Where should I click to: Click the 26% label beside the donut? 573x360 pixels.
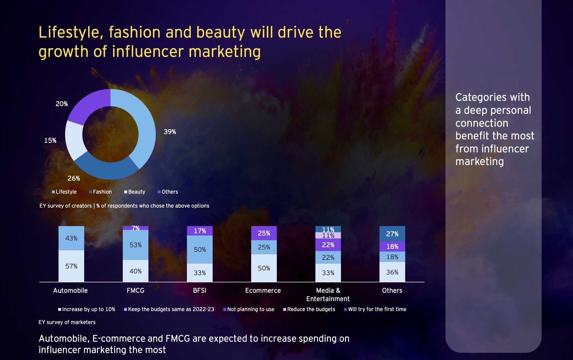click(x=74, y=178)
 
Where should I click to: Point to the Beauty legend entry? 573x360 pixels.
click(x=135, y=192)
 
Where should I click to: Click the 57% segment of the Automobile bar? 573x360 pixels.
click(x=71, y=266)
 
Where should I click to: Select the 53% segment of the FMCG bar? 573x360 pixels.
click(x=135, y=245)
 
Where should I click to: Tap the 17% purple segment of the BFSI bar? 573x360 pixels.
click(x=200, y=231)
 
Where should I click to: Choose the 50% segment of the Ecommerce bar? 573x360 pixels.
click(x=264, y=268)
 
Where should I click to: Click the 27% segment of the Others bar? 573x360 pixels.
click(x=392, y=234)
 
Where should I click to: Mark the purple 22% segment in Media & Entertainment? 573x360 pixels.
click(x=328, y=245)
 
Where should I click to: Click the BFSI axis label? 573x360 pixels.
click(x=200, y=290)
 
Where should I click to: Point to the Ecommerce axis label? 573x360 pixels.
click(x=263, y=290)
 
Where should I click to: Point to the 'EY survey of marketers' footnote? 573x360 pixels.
click(x=67, y=322)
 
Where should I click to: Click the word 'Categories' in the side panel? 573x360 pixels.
click(x=481, y=97)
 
